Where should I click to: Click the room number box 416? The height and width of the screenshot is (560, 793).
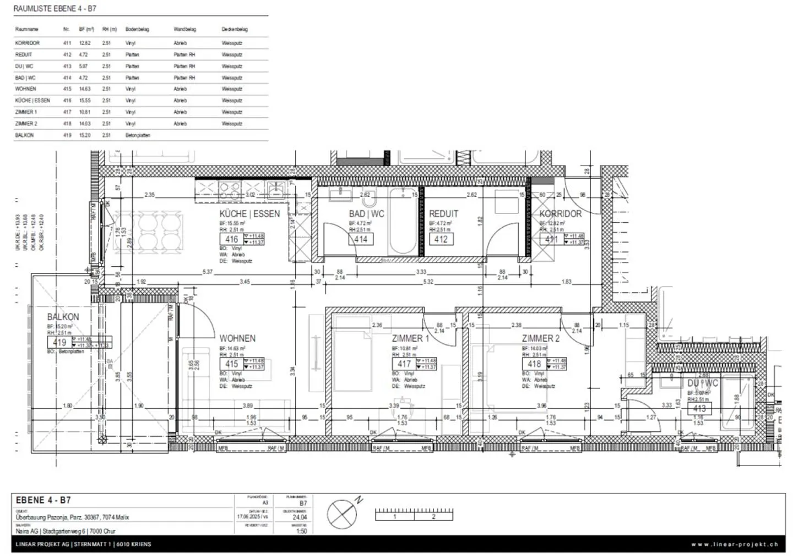pos(231,239)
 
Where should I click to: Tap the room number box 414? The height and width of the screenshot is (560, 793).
pos(361,239)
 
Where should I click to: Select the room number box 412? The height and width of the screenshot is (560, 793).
pos(441,239)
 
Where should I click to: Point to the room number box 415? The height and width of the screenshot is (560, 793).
pos(231,364)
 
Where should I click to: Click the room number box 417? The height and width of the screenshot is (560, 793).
pos(404,364)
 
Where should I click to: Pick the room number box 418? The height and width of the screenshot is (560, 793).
pos(534,364)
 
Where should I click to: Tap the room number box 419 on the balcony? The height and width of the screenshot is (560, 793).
pos(59,343)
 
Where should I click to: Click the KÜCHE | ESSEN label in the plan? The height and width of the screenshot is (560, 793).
pos(249,214)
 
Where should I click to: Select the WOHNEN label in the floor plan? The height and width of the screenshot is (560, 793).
pos(237,338)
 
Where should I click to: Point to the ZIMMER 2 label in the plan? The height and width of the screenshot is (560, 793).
pos(540,338)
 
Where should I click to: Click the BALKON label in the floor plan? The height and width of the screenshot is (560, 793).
pos(63,317)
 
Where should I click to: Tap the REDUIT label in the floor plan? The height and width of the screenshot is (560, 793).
pos(443,214)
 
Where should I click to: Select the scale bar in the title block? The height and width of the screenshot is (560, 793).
pos(414,514)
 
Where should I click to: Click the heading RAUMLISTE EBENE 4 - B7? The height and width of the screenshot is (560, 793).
pos(55,9)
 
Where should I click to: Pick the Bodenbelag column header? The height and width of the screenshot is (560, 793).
pos(137,29)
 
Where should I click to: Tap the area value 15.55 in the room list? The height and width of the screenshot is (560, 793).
pos(84,101)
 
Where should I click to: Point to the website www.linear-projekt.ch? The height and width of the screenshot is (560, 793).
pos(735,545)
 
